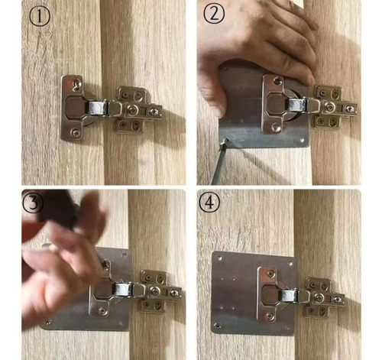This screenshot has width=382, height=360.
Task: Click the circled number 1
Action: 40,17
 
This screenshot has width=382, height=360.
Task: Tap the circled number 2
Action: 214,15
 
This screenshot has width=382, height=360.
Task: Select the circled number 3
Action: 33,203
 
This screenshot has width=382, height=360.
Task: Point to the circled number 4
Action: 209,203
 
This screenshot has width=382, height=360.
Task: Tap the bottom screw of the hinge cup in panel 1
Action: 75,132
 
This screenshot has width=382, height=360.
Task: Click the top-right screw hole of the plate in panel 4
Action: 290,264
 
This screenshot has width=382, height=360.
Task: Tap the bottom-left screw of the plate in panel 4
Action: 218,326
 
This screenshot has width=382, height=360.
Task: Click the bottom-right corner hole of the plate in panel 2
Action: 303,141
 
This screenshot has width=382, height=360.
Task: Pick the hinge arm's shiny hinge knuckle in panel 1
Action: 96,108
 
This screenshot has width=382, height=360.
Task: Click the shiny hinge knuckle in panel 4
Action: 288,296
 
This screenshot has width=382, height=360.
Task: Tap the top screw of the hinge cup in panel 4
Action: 270,274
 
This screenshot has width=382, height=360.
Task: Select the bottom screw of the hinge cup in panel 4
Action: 269,316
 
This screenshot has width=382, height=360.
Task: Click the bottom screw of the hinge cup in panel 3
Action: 102,310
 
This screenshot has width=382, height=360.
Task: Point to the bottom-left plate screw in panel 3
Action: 47,323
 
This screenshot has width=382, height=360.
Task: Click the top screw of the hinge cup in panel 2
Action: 277,82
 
